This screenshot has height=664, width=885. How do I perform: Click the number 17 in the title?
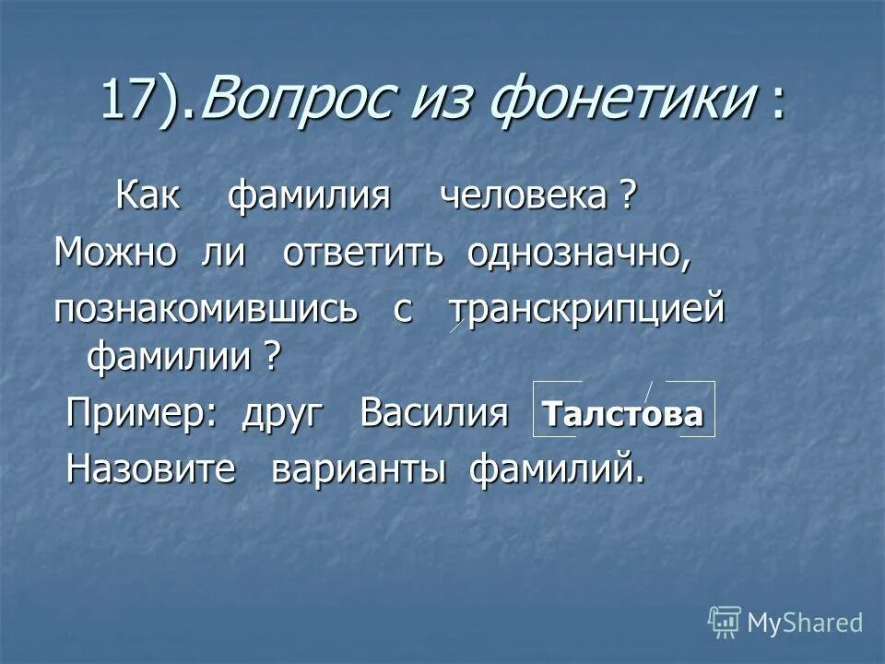tap(124, 100)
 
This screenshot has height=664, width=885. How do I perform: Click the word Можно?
tap(115, 253)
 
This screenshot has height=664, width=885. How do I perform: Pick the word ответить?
tap(365, 253)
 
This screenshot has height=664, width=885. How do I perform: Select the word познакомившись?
tap(205, 310)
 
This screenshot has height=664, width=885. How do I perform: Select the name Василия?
tap(434, 413)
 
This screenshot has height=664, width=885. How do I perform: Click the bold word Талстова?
tap(624, 415)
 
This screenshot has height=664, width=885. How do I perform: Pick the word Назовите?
tap(152, 470)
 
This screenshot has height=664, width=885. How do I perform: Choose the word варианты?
tap(359, 470)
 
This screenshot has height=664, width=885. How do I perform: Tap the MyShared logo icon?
tap(725, 622)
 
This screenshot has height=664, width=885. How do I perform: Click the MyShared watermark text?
tap(805, 623)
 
